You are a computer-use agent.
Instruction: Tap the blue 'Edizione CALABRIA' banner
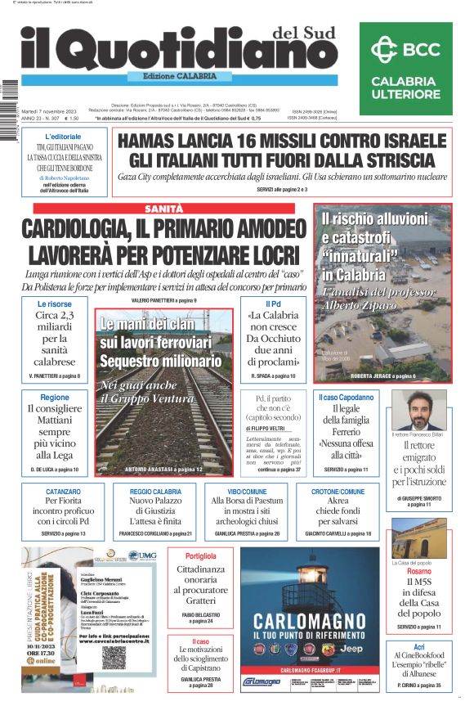point(172,77)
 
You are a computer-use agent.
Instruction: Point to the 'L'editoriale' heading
point(63,136)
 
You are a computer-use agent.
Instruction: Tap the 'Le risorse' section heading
point(54,304)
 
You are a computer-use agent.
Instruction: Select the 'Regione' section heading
point(55,397)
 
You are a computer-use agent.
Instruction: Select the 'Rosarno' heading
point(418,571)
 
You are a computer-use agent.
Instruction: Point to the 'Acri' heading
point(418,646)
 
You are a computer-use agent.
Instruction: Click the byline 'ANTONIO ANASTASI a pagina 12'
point(163,470)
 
